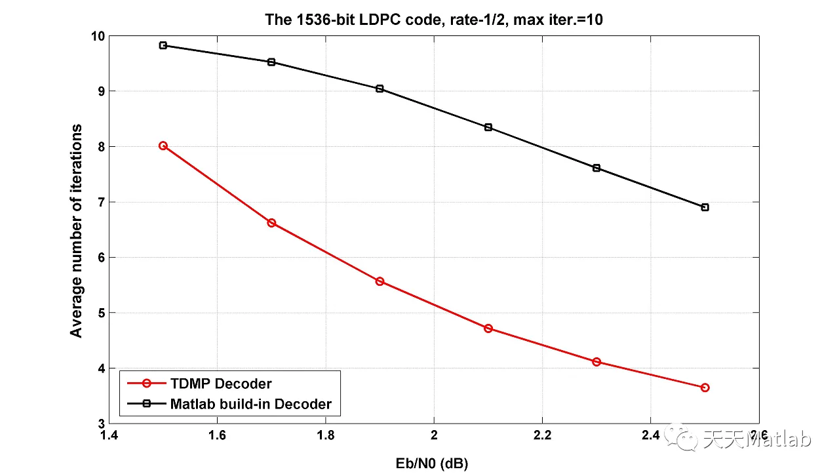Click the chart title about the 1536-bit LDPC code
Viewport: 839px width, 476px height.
tap(433, 20)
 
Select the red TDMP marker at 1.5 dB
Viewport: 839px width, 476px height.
tap(163, 146)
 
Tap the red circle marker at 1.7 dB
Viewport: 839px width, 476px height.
tap(271, 223)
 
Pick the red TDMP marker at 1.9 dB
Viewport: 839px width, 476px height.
tap(380, 281)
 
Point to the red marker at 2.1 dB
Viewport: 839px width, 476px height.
tap(488, 328)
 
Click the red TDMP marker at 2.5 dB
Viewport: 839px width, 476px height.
tap(705, 387)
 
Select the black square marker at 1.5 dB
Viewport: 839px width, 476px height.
tap(163, 45)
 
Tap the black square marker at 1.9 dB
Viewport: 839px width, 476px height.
tap(380, 89)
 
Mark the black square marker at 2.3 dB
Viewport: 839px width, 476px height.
tap(596, 168)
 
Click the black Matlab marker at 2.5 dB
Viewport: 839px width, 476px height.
tap(705, 207)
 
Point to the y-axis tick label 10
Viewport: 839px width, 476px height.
tap(96, 36)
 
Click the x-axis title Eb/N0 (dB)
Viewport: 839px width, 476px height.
tap(433, 464)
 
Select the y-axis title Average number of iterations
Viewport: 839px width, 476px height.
tap(77, 230)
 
